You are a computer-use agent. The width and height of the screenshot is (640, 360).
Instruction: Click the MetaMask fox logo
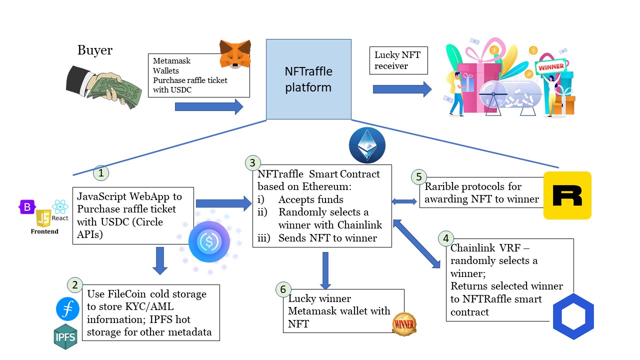(235, 54)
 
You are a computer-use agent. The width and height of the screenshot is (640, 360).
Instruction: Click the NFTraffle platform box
(308, 79)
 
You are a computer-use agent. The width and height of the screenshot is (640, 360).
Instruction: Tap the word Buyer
(95, 50)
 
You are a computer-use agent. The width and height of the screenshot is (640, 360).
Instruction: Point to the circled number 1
(101, 173)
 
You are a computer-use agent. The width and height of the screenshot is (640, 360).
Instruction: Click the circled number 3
(252, 162)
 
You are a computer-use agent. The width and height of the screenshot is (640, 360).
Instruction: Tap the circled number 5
(418, 176)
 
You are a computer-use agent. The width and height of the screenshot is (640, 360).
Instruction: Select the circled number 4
(445, 238)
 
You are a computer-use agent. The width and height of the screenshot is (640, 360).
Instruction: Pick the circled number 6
(283, 289)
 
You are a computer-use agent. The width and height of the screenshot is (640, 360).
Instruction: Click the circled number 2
(74, 285)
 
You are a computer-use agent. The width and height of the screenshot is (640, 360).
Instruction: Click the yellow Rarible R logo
(567, 195)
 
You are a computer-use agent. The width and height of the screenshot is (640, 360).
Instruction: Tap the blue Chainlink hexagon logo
(573, 317)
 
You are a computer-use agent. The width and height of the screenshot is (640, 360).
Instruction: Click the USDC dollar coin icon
(209, 242)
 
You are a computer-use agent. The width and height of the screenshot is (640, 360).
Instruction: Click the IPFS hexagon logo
(65, 336)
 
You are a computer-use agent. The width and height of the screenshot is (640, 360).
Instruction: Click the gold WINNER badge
(403, 324)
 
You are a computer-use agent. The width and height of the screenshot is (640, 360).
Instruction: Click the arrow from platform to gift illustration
(402, 89)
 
